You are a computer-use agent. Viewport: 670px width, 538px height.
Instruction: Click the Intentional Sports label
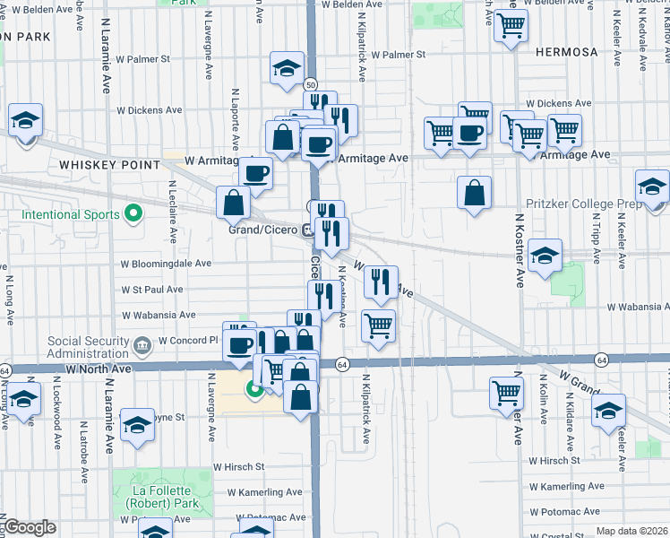pos(70,215)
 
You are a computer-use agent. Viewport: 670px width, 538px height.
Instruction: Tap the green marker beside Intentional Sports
pos(133,213)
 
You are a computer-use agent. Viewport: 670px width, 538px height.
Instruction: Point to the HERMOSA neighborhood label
pos(565,52)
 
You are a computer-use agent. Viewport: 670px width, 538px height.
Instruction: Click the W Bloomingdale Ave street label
pos(166,265)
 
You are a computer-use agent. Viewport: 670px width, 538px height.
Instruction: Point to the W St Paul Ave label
pos(159,290)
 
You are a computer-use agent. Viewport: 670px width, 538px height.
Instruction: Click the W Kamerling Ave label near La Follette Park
pos(264,492)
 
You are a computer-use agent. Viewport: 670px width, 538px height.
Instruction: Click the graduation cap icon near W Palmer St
pos(287,69)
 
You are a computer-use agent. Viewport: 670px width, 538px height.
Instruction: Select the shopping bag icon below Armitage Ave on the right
pos(474,192)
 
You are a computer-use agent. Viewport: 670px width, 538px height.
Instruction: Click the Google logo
pos(30,527)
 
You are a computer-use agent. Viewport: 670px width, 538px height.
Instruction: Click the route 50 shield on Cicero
pos(310,83)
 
